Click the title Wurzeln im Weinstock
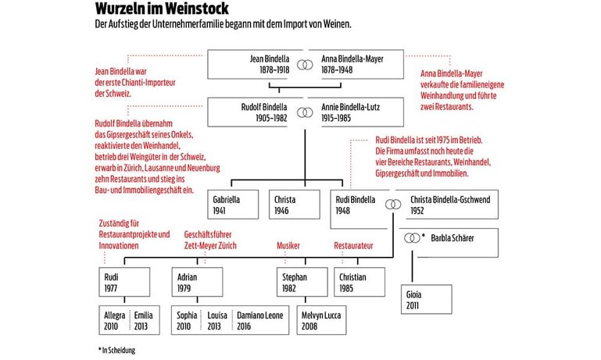tap(162, 8)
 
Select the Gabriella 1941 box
tap(233, 205)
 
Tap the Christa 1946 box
tap(295, 205)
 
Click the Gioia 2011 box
tap(427, 300)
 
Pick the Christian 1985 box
tap(360, 282)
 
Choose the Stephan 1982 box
tap(302, 282)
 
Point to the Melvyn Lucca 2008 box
tap(321, 320)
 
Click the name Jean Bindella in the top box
tap(270, 59)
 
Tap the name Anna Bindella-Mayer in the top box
tap(352, 59)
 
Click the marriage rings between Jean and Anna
tap(305, 65)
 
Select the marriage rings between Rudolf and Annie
tap(305, 112)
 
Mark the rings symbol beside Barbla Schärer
tap(412, 238)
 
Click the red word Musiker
tap(288, 245)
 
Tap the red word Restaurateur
tap(353, 245)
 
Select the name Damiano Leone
tap(260, 315)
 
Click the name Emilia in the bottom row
tap(143, 315)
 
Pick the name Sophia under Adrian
tap(187, 315)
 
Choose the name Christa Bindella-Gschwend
tap(450, 200)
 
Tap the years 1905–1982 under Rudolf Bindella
tap(271, 118)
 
